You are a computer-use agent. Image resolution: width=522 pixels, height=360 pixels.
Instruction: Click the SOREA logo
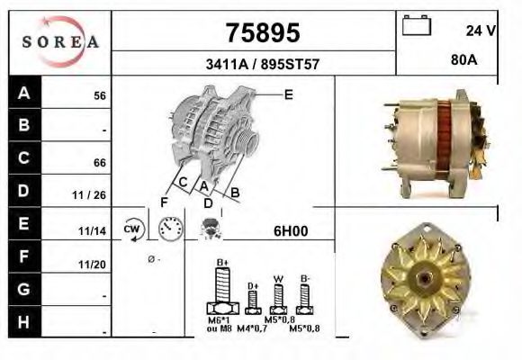(59, 41)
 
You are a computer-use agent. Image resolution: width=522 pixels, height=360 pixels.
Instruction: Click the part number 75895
(260, 33)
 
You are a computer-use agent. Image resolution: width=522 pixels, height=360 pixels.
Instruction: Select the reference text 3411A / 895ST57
(260, 65)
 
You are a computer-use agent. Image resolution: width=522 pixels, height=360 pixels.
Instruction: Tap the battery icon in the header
(417, 26)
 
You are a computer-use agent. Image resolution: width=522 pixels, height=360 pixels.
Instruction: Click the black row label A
(23, 94)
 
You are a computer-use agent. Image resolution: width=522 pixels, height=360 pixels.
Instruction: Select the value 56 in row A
(100, 94)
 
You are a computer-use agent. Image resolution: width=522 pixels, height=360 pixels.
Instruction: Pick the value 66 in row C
(100, 163)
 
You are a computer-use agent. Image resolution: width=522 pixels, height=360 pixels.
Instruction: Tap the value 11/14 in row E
(94, 230)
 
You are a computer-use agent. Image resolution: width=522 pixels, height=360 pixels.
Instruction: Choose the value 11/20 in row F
(94, 265)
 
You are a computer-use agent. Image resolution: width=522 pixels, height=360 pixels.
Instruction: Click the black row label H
(23, 322)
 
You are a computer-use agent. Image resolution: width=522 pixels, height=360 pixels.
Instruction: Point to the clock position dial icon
(168, 229)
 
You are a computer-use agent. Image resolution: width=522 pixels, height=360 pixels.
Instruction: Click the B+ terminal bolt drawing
(220, 289)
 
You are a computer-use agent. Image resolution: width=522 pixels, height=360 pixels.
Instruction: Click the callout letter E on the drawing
(288, 94)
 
